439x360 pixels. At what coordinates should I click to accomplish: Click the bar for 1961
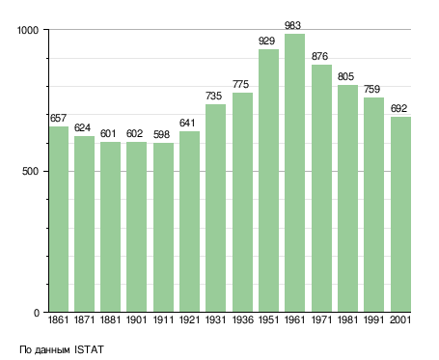294,173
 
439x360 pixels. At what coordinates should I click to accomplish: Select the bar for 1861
59,219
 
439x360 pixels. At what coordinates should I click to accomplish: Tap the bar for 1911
163,228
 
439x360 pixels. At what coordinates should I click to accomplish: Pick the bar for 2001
400,214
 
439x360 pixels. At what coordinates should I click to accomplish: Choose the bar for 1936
242,203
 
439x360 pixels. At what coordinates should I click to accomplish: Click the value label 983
292,25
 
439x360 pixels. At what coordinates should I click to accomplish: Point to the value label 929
266,41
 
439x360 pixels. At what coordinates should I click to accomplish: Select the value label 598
161,134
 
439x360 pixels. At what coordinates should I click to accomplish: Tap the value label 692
398,108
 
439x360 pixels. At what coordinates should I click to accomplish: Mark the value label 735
213,96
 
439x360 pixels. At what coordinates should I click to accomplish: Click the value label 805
345,76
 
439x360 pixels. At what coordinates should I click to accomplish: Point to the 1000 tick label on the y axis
28,30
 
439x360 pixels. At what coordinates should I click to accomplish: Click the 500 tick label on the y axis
30,171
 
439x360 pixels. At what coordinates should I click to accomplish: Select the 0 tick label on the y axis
37,313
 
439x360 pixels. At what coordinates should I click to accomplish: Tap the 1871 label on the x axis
84,320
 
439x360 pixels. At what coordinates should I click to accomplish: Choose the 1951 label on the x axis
268,320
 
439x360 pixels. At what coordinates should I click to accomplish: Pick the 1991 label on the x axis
373,320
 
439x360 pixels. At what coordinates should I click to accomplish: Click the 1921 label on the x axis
189,320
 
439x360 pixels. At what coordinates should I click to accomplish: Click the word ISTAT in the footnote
89,349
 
